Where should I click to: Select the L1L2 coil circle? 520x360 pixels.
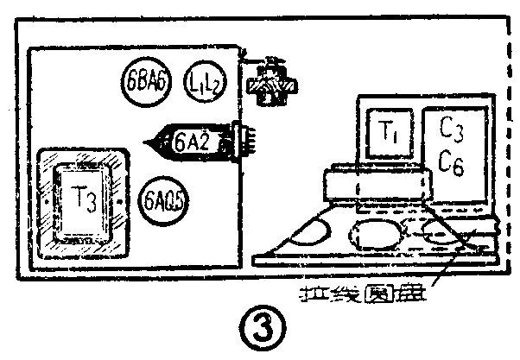pos(205,84)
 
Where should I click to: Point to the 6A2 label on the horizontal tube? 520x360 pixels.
pos(191,140)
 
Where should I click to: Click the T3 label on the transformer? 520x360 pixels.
pos(84,198)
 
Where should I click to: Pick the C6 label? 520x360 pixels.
pos(451,162)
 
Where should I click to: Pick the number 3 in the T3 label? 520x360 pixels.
pos(92,200)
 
